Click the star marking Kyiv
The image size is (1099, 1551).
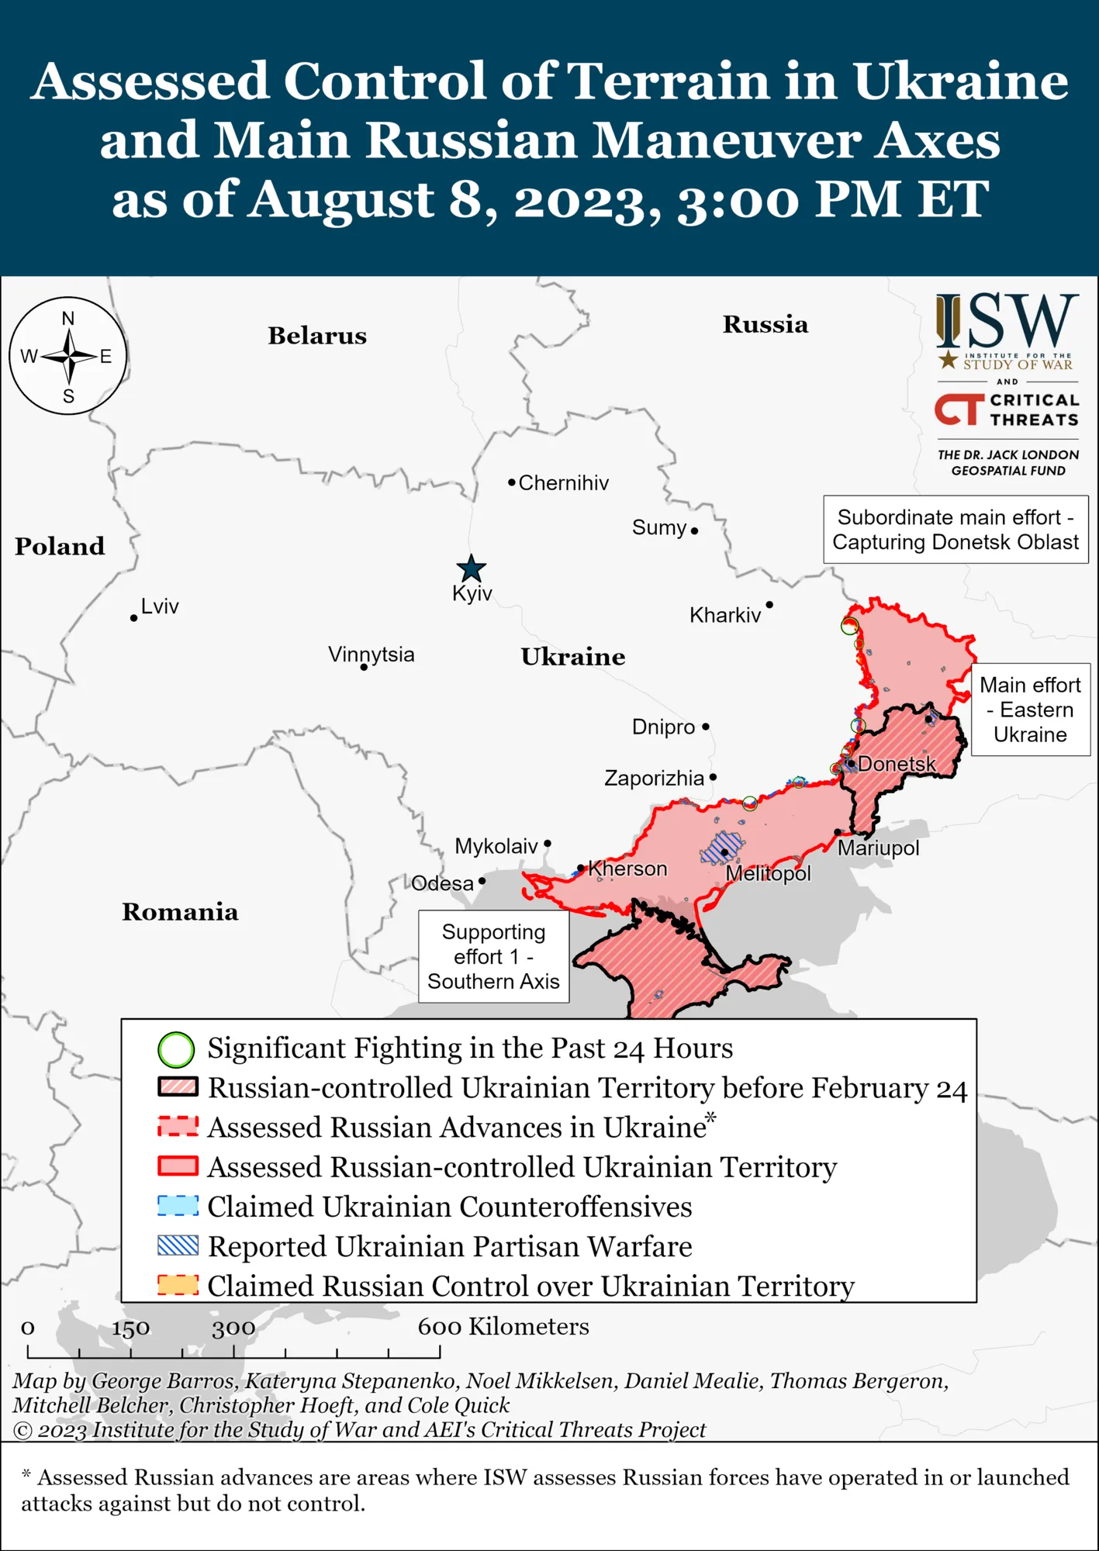pos(471,569)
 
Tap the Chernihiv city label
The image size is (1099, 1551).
pos(563,483)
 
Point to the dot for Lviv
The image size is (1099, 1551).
pos(134,618)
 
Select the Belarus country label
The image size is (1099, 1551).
pos(317,336)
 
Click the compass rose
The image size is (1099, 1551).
pos(68,356)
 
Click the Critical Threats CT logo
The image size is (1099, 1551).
pos(959,409)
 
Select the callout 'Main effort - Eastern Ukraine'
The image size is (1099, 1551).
pos(1030,710)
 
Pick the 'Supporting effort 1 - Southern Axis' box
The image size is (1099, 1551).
pos(493,956)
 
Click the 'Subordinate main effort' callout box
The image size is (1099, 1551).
pos(956,530)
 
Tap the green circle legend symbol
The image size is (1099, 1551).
pos(176,1050)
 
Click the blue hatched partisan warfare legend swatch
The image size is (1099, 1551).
pos(178,1245)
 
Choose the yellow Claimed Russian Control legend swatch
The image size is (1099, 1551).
pos(178,1285)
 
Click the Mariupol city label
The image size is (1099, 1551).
pos(878,848)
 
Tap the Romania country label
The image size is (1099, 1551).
pos(180,912)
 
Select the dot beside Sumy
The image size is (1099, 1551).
pos(694,531)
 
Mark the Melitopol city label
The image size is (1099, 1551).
pos(768,874)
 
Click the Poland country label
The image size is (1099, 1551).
pos(60,547)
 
